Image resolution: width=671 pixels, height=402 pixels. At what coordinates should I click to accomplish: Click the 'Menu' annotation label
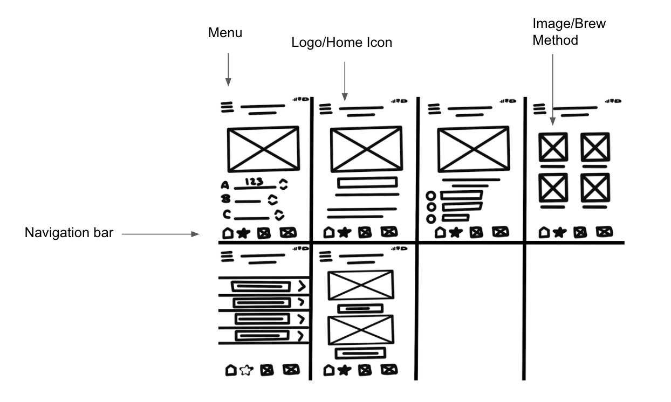[x=225, y=33]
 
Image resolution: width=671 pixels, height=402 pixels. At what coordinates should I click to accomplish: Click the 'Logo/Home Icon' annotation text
[x=341, y=43]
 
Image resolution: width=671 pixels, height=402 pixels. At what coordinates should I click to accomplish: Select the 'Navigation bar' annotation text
[x=69, y=234]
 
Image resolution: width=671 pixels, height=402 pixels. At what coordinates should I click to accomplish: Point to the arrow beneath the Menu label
[x=229, y=69]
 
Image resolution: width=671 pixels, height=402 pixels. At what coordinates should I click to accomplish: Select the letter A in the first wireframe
[x=225, y=186]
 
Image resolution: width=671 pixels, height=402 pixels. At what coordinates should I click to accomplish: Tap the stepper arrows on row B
[x=273, y=200]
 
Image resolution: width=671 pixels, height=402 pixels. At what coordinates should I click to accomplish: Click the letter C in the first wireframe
[x=227, y=214]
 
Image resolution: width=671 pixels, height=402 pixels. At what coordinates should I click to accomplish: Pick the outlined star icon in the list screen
[x=246, y=370]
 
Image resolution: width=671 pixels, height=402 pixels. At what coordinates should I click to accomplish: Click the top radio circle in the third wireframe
[x=431, y=196]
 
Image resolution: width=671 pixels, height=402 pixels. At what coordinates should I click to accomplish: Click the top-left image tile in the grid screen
[x=553, y=147]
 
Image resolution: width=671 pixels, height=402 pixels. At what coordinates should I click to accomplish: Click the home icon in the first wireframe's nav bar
[x=228, y=233]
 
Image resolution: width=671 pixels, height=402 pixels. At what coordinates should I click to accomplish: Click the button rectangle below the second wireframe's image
[x=367, y=183]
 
